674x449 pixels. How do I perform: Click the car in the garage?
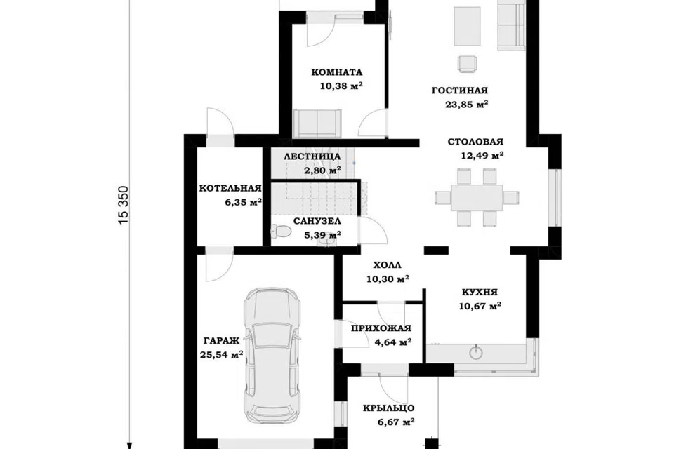click(x=272, y=356)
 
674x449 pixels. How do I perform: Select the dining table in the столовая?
click(x=477, y=198)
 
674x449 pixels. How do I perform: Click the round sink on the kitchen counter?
click(x=476, y=353)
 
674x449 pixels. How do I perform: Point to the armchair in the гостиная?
click(x=467, y=64)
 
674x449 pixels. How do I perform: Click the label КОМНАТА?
click(x=337, y=72)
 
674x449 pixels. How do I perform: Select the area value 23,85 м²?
click(x=466, y=105)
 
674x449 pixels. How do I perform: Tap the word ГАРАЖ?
click(x=221, y=341)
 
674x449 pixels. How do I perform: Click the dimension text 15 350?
click(x=124, y=205)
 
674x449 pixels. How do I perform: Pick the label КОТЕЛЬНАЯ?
click(x=230, y=188)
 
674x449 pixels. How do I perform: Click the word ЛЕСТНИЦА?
click(x=312, y=157)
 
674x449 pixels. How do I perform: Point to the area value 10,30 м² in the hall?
click(x=388, y=279)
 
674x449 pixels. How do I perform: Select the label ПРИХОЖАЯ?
click(x=381, y=329)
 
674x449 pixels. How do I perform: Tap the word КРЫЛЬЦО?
click(x=388, y=408)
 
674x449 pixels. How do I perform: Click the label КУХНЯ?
click(x=480, y=292)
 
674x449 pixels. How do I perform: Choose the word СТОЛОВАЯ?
click(x=475, y=142)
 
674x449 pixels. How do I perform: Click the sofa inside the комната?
click(x=317, y=123)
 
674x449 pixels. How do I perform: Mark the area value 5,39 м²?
click(x=322, y=235)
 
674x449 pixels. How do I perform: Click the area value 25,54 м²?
click(x=221, y=355)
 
